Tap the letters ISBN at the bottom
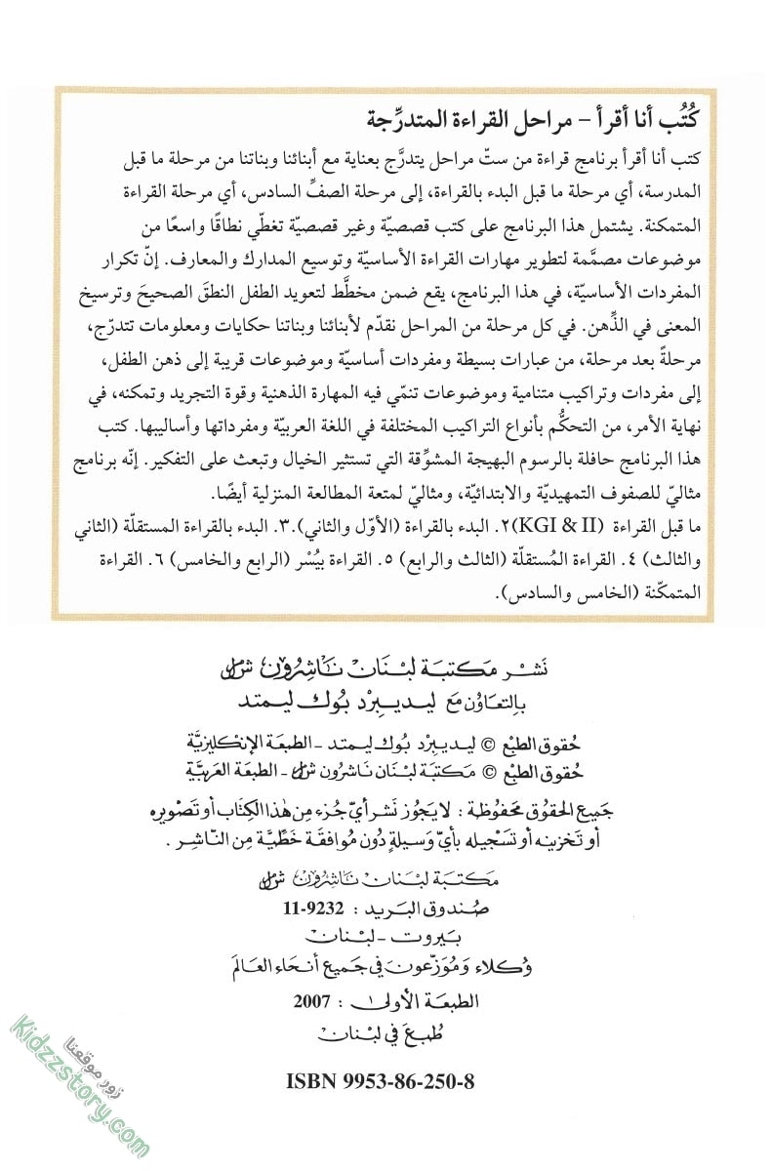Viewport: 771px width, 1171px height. pyautogui.click(x=312, y=1082)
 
